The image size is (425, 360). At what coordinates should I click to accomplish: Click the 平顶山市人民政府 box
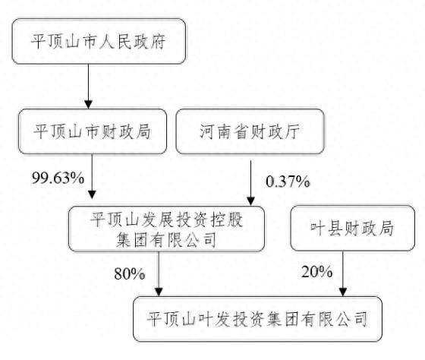99,41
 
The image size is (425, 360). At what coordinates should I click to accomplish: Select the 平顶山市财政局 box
93,131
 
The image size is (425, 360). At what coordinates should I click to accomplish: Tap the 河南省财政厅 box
250,131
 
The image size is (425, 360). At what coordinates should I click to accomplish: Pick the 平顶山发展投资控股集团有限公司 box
166,229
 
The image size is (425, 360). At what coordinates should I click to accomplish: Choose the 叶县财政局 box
352,228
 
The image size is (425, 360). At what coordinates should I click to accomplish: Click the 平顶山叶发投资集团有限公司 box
257,319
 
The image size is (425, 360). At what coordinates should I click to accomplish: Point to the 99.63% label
58,178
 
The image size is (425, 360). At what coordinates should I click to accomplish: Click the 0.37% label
288,182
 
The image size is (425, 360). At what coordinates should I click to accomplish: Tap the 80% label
129,273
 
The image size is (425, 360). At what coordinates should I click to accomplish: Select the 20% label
317,272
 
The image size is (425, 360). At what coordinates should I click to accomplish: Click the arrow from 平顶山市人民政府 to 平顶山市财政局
88,87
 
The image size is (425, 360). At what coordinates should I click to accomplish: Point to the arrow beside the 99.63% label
92,176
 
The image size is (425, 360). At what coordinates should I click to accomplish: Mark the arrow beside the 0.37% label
250,183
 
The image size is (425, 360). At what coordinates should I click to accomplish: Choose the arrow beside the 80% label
159,273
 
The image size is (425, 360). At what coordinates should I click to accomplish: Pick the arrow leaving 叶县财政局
343,273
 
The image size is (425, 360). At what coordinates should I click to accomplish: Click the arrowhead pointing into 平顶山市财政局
88,105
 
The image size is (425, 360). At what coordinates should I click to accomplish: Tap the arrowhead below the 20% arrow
343,292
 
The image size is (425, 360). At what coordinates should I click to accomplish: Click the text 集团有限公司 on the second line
166,239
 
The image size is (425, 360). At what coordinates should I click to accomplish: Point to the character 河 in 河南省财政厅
207,131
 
